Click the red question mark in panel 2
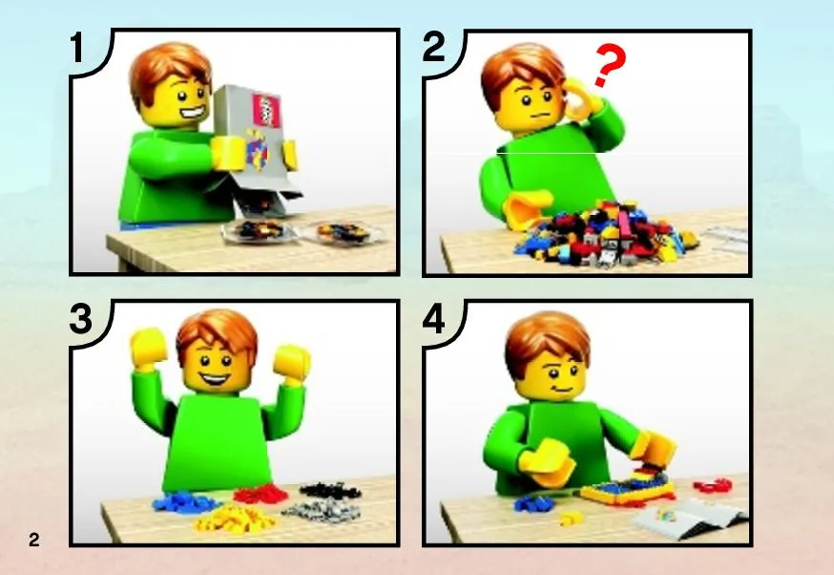pyautogui.click(x=610, y=65)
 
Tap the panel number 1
pyautogui.click(x=78, y=48)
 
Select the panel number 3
pyautogui.click(x=81, y=319)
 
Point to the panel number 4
pyautogui.click(x=434, y=320)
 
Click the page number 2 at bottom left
pyautogui.click(x=34, y=540)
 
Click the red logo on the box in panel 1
pyautogui.click(x=266, y=111)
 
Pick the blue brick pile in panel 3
pyautogui.click(x=184, y=502)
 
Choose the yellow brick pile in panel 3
pyautogui.click(x=234, y=519)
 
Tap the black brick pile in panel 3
pyautogui.click(x=330, y=490)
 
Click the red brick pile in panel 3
pyautogui.click(x=261, y=494)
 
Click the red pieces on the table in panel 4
pyautogui.click(x=713, y=485)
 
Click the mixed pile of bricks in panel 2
pyautogui.click(x=606, y=234)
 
